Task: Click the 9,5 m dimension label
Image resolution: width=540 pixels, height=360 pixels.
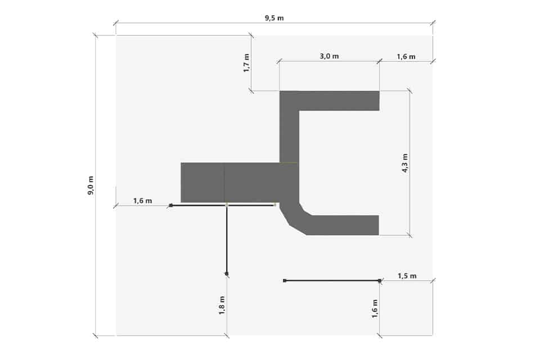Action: tap(274, 18)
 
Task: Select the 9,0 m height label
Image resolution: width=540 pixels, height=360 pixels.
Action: tap(91, 185)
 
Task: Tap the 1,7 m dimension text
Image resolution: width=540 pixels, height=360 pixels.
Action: tap(246, 62)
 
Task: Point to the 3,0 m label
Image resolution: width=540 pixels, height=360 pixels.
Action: tap(329, 56)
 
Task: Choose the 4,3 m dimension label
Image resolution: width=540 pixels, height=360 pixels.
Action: tap(405, 163)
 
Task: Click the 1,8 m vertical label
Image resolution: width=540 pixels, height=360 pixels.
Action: tap(222, 305)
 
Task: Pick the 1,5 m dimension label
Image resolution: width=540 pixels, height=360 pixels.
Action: tap(407, 276)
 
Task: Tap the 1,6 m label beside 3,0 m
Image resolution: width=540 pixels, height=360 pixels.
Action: tap(406, 56)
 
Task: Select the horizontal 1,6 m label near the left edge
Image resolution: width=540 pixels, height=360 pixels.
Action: tap(142, 200)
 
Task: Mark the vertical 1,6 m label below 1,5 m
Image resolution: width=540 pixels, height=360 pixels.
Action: tap(375, 308)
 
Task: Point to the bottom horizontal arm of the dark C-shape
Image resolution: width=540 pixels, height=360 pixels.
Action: tap(343, 226)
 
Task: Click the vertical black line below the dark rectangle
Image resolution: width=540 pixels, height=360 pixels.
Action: tap(227, 240)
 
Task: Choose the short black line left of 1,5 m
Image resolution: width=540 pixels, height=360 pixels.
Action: tap(332, 281)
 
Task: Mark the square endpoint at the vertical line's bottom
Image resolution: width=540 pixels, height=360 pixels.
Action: tap(227, 274)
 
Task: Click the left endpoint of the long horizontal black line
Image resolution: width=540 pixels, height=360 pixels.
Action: tap(171, 205)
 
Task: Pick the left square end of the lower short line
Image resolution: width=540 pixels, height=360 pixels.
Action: tap(285, 281)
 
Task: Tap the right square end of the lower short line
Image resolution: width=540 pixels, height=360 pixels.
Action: tap(380, 281)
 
